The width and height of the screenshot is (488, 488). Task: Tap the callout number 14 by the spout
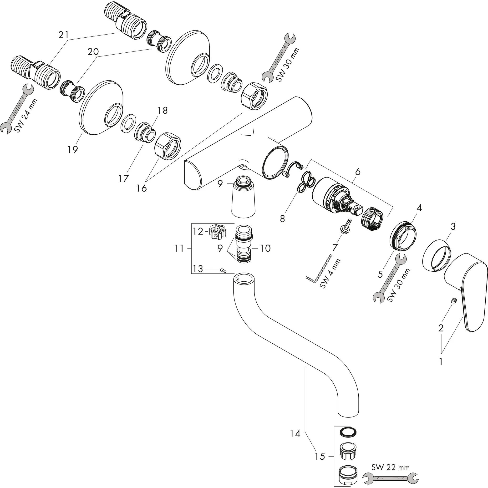click(295, 434)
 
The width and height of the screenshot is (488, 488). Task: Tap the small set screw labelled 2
click(454, 300)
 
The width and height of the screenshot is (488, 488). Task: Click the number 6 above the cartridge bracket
click(358, 172)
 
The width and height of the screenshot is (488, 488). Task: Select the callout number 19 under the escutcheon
click(73, 150)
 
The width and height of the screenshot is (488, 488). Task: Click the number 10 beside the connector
click(265, 248)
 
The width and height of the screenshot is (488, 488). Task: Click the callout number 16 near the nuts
click(142, 188)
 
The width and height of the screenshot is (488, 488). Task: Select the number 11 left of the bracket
click(179, 249)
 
